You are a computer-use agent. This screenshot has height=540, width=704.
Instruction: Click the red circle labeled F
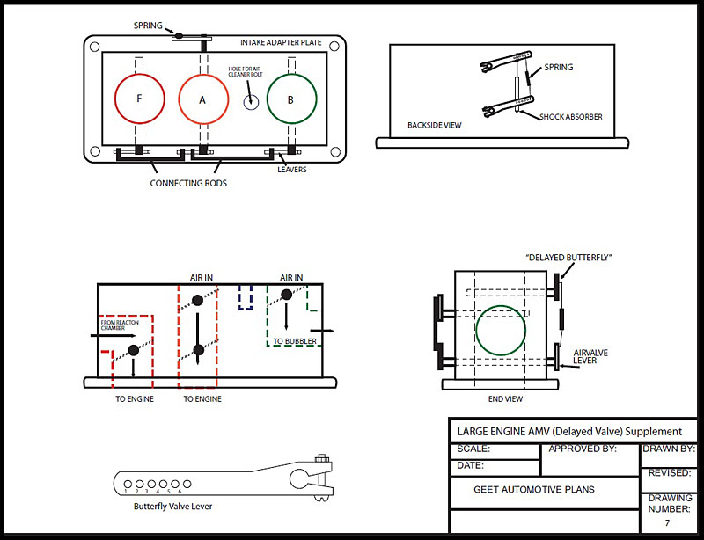[139, 99]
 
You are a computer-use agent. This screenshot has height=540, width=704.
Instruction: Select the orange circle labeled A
[202, 99]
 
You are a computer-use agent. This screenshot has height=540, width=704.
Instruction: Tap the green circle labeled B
[291, 99]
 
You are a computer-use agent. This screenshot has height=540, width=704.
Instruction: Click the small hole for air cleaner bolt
[249, 101]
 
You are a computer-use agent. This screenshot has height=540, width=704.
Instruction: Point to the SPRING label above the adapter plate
[149, 26]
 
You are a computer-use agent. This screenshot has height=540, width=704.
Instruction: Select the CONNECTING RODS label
[188, 183]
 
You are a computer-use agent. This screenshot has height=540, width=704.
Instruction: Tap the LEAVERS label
[291, 169]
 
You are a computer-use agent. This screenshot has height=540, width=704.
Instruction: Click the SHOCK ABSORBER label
[571, 116]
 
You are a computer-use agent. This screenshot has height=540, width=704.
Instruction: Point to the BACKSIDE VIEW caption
[435, 125]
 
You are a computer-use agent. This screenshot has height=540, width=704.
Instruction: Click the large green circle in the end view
[501, 331]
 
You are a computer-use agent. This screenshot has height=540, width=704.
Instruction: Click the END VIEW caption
[505, 398]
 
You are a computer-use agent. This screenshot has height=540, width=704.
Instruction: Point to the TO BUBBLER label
[290, 340]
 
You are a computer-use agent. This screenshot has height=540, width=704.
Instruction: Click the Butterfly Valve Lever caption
[172, 507]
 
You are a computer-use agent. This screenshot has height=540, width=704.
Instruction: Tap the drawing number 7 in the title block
[667, 523]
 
